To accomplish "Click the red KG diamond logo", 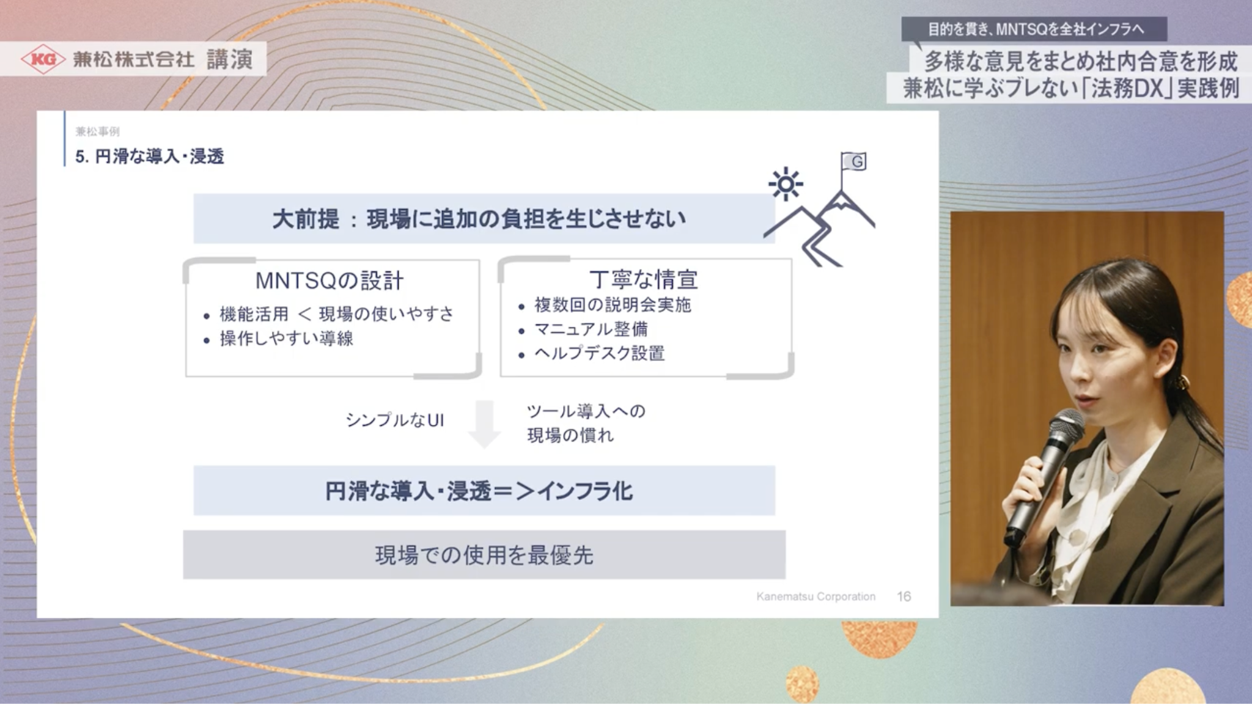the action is coord(43,59).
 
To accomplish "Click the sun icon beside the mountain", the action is coord(786,184).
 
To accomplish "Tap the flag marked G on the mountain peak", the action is coord(854,161).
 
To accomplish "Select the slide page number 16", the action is coord(904,596).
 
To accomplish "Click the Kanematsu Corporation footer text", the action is coord(816,596).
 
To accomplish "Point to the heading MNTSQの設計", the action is coord(330,280).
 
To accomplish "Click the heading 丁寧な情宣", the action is coord(644,279).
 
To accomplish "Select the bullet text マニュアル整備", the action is coord(591,329).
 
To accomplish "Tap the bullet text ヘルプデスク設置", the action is coord(599,353).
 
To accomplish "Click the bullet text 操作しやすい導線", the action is coord(286,339).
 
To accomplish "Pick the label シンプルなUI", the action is coord(395,420).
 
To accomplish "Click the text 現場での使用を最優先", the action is coord(484,555).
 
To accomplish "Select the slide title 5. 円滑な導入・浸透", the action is coord(150,157).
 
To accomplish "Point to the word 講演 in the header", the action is coord(230,59).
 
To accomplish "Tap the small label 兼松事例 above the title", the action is coord(98,131).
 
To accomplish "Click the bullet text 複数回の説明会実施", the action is coord(613,305).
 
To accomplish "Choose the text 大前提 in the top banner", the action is coord(305,219).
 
